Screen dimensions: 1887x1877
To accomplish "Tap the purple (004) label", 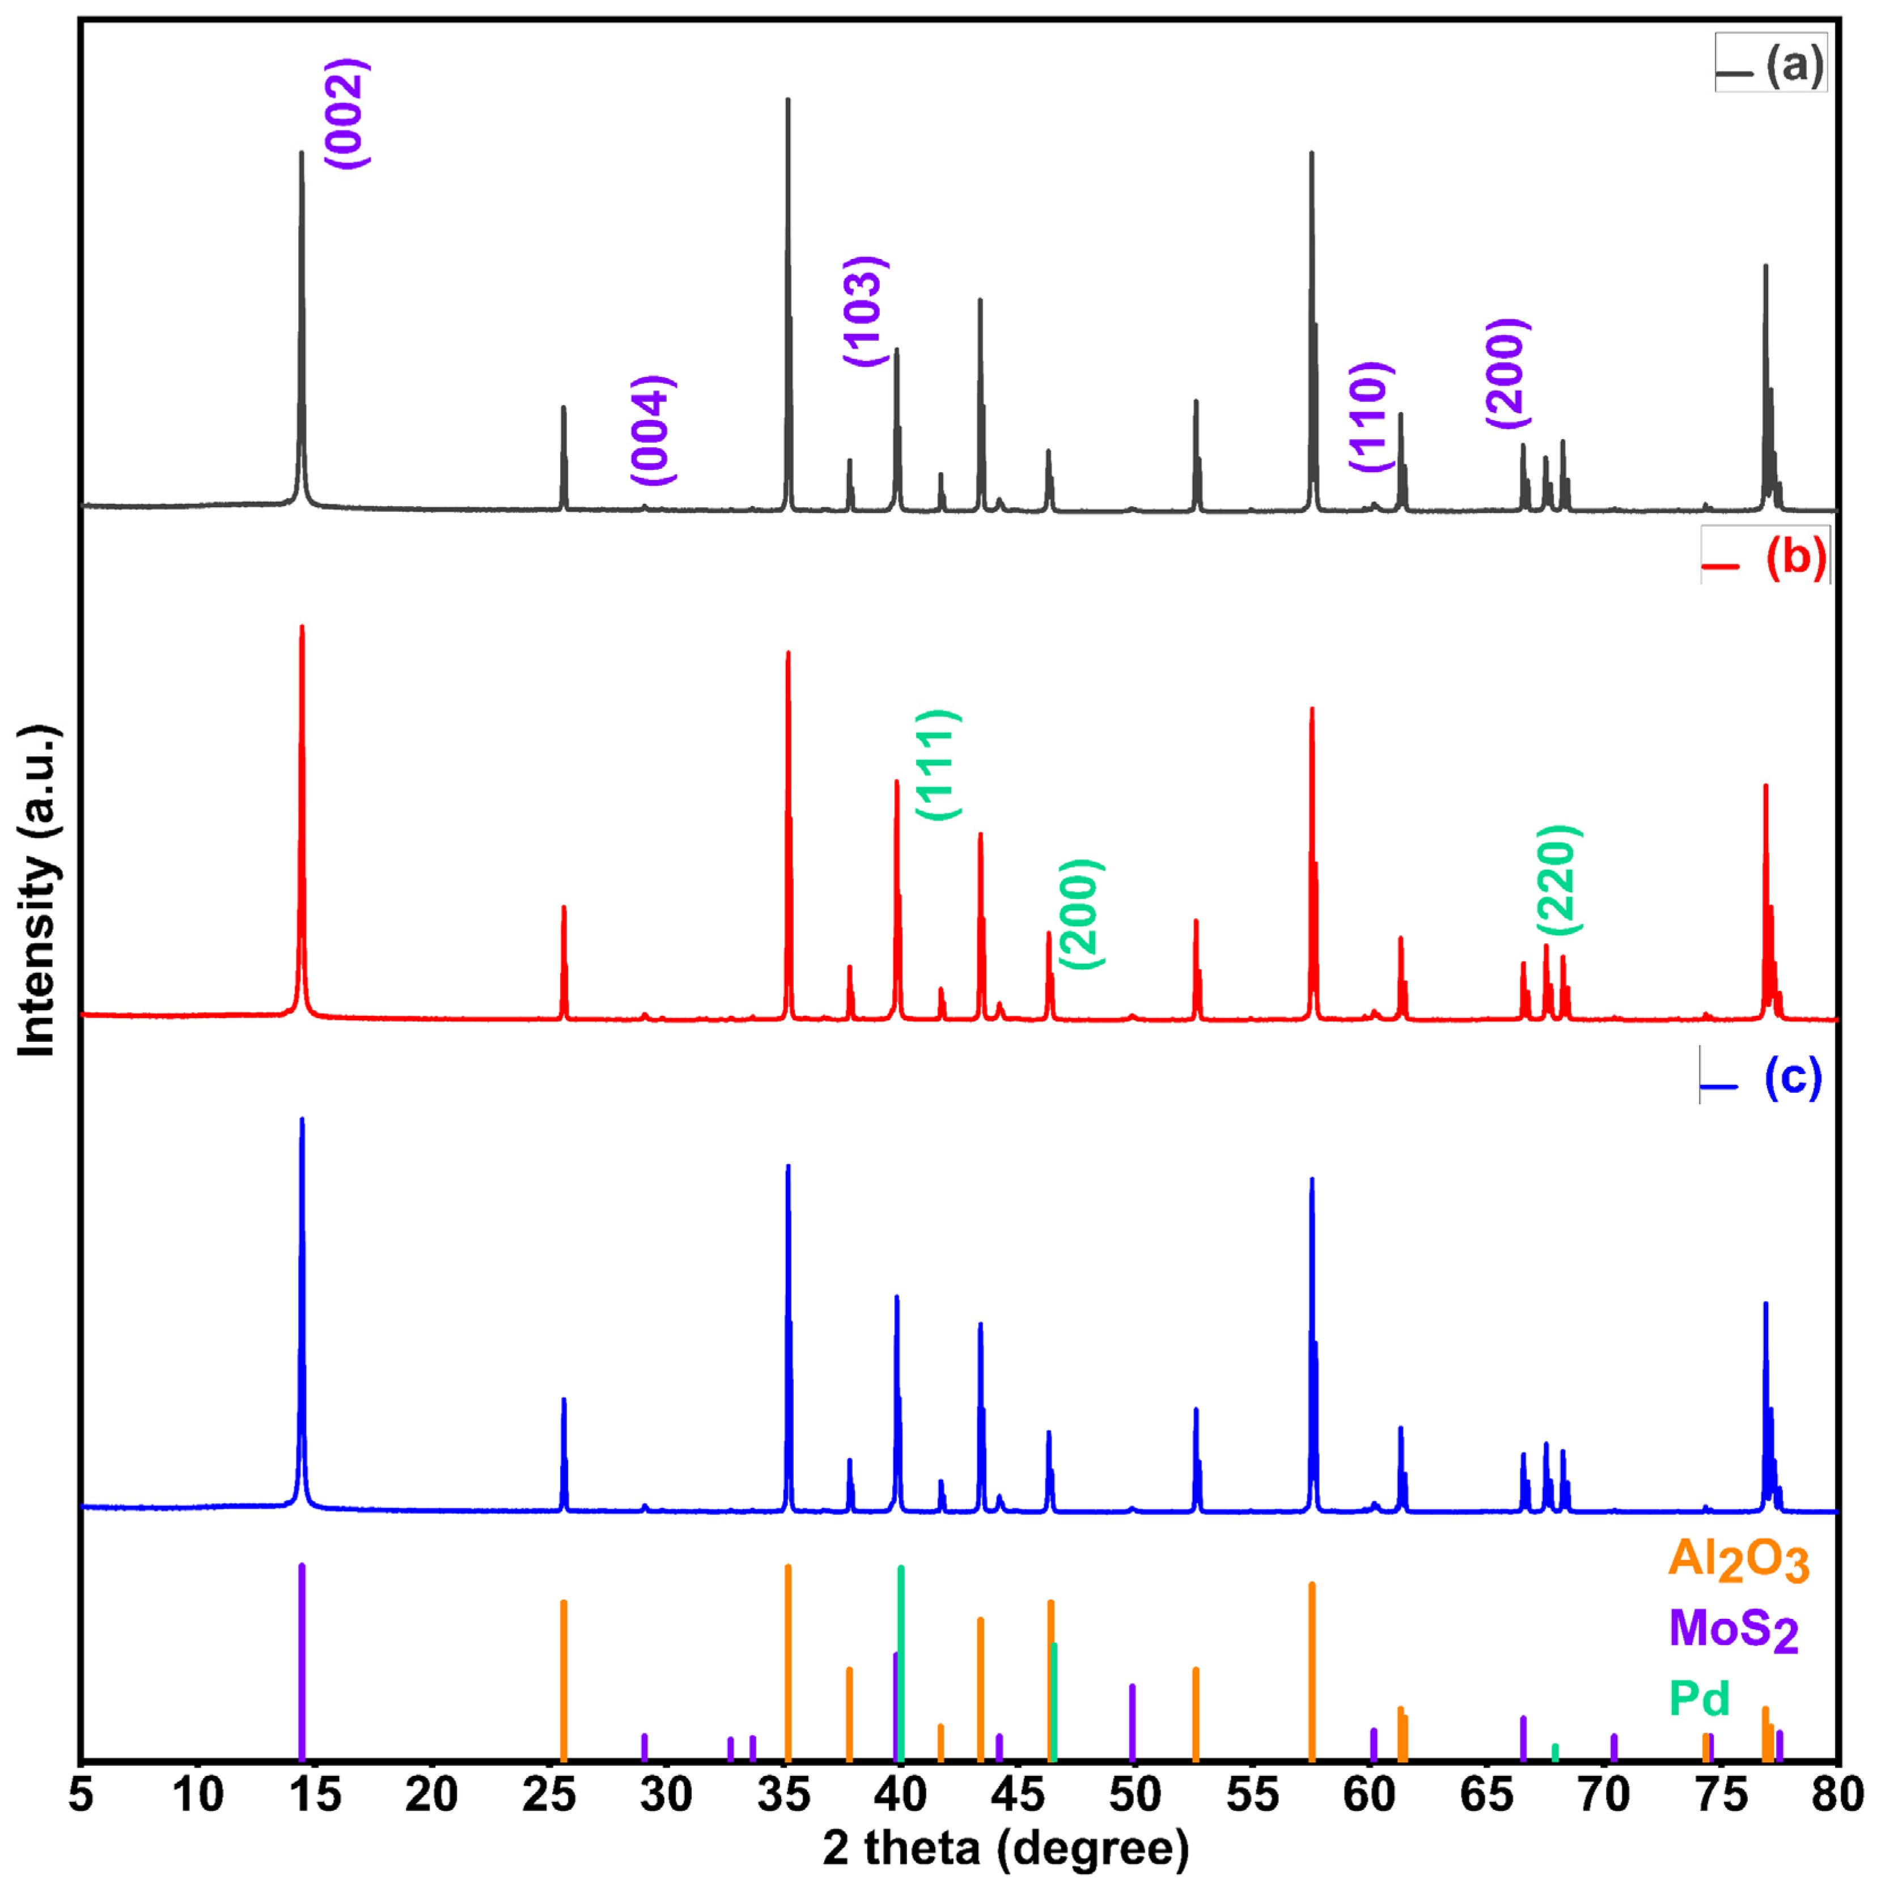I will click(x=651, y=430).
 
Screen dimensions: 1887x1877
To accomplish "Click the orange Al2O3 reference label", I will click(x=1738, y=1560).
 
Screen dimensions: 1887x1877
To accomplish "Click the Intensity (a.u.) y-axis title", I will click(x=39, y=891).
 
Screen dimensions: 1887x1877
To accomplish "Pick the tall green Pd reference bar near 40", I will click(x=900, y=1660).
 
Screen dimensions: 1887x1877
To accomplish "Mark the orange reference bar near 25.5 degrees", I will click(x=563, y=1680).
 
